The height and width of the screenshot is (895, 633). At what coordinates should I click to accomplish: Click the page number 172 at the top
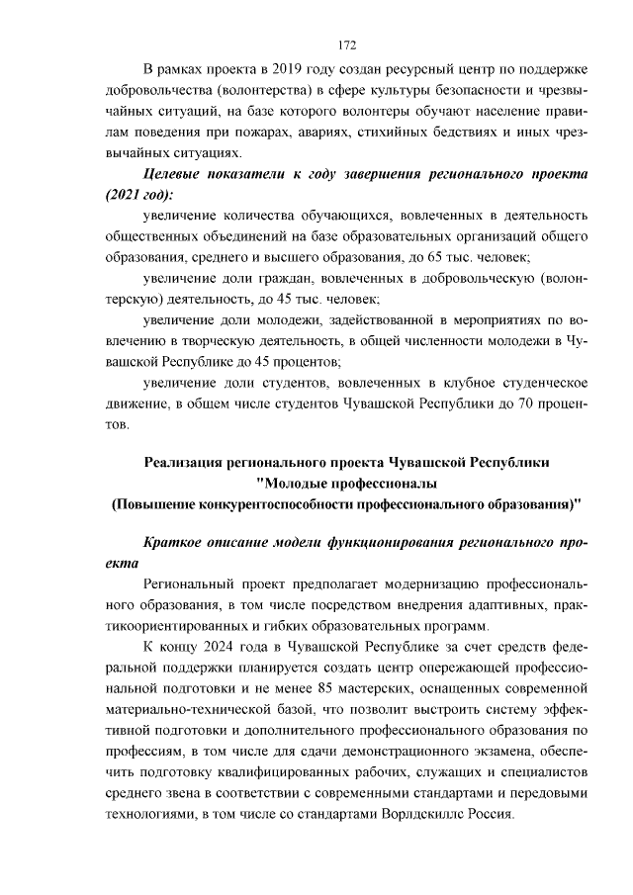(346, 45)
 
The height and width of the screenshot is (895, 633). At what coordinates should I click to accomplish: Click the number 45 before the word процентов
(252, 363)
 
